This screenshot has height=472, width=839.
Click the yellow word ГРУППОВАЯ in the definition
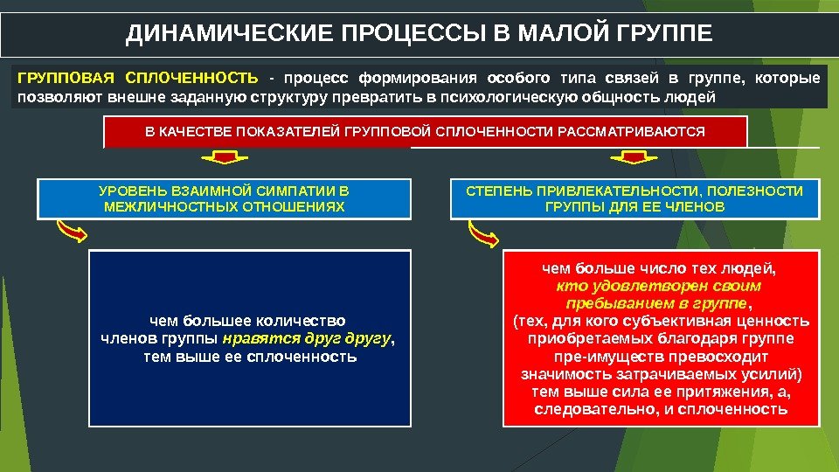(x=63, y=79)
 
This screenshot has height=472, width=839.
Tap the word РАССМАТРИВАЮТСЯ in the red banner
(x=645, y=131)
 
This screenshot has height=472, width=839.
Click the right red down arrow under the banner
(x=627, y=158)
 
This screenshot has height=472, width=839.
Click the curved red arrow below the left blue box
(x=71, y=232)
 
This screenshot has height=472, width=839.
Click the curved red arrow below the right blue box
(x=483, y=233)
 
